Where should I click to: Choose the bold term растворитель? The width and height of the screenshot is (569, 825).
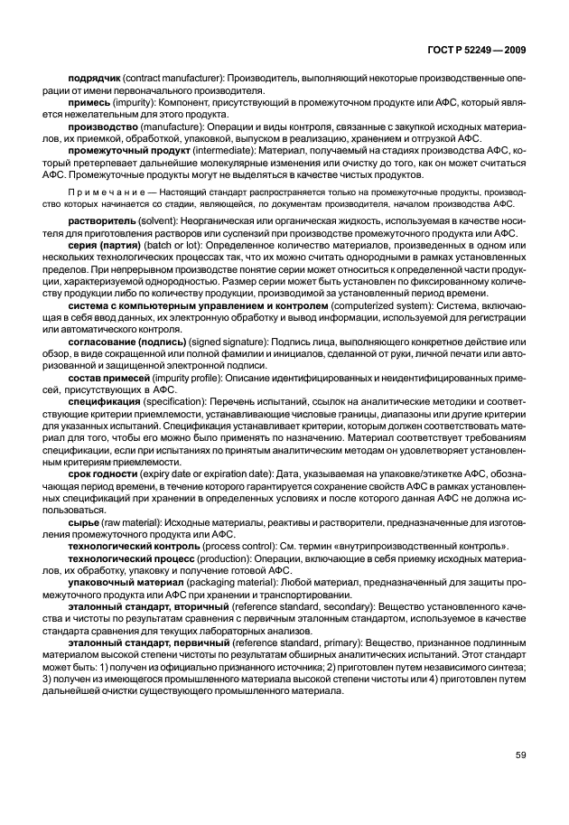coord(99,221)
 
